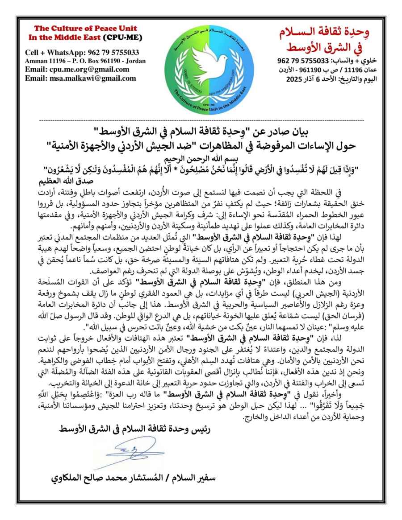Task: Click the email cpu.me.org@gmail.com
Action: click(77, 70)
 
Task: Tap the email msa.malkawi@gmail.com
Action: click(80, 78)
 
